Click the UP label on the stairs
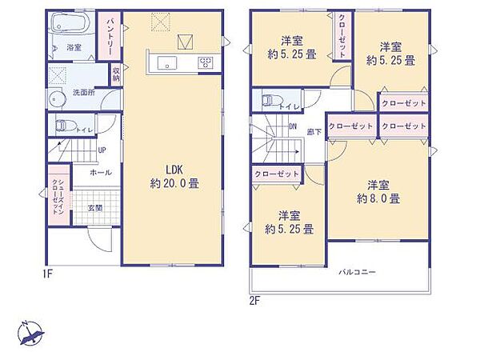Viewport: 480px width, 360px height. [102, 150]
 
